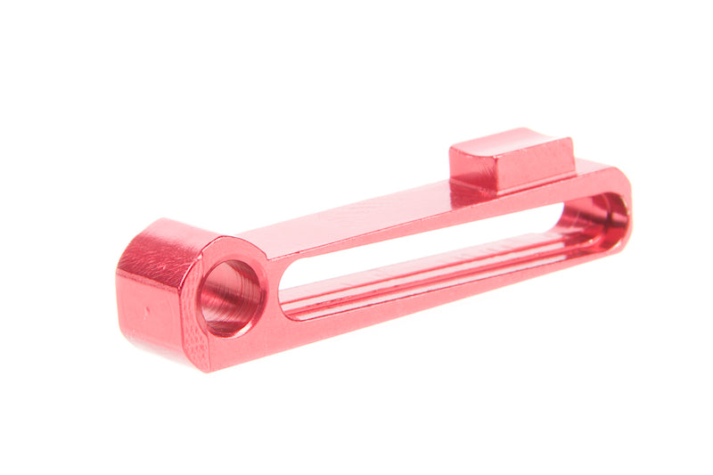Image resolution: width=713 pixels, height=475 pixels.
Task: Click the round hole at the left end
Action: [230, 297]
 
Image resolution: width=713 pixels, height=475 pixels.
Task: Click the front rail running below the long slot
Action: [428, 299]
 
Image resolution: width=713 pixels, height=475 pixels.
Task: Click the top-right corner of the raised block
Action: [570, 141]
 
